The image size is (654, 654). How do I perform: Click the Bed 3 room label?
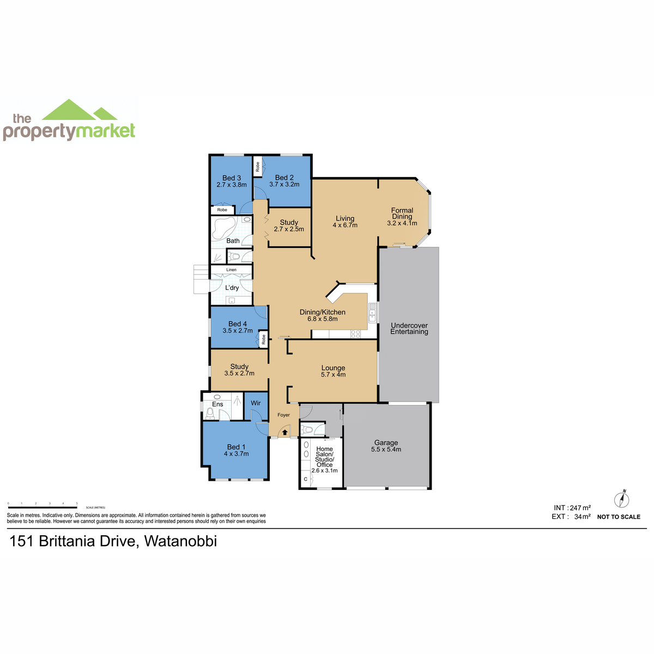(232, 178)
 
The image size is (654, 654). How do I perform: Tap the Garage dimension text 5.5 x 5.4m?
(386, 449)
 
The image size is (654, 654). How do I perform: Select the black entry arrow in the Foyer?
(284, 432)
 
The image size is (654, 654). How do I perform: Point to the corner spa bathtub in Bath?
(223, 227)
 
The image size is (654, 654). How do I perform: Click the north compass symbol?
(622, 499)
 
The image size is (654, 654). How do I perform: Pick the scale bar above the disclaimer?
(43, 507)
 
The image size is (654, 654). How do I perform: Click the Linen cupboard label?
(231, 269)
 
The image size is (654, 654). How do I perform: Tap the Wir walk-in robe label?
(256, 403)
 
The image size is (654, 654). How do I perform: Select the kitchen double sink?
(372, 312)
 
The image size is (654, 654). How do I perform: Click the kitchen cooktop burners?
(355, 334)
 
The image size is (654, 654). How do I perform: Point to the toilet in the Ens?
(210, 413)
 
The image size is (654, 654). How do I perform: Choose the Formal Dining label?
(402, 213)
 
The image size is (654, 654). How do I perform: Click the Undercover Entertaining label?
(409, 329)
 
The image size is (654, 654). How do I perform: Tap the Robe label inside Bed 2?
(258, 167)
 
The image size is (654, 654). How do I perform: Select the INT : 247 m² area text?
(572, 508)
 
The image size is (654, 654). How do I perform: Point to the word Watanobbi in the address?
(180, 541)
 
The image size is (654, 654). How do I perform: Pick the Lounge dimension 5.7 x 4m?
(334, 374)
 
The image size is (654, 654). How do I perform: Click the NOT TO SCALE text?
(619, 517)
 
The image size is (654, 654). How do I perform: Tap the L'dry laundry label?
(232, 288)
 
